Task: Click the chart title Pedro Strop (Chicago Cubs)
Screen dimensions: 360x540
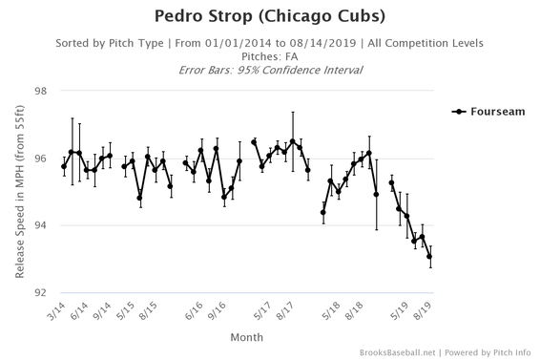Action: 269,17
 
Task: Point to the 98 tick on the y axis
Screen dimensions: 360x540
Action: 42,91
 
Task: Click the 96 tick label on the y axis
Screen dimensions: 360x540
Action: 42,158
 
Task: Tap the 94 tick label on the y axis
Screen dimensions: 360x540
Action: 42,225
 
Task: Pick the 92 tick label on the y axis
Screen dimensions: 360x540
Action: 42,292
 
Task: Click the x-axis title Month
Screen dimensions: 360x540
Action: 246,337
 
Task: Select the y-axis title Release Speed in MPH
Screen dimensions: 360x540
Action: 20,192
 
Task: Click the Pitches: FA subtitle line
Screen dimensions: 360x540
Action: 269,56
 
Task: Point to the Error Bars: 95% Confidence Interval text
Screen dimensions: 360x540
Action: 269,70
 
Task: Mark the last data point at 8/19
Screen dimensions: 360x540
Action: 429,256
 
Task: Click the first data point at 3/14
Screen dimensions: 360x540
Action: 64,166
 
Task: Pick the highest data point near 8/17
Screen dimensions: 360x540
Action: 293,141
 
